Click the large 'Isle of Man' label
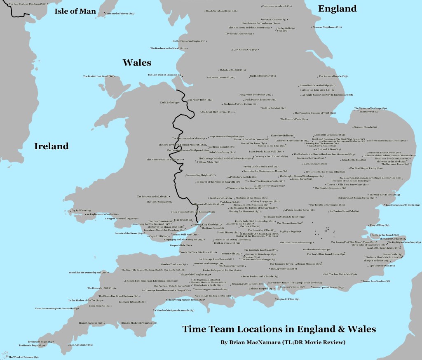[x=75, y=11]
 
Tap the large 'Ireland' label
[x=51, y=146]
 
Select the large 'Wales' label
[x=137, y=63]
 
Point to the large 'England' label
[x=337, y=8]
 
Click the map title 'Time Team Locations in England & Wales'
[x=279, y=329]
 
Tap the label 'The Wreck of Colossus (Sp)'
[x=23, y=357]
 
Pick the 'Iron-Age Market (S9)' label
[x=80, y=345]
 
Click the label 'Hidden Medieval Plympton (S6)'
[x=139, y=323]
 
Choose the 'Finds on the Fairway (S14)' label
[x=120, y=14]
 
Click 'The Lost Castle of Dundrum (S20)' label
[x=27, y=4]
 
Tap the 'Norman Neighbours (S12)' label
[x=327, y=27]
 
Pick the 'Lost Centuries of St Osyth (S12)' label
[x=403, y=205]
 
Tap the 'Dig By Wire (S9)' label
[x=78, y=210]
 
